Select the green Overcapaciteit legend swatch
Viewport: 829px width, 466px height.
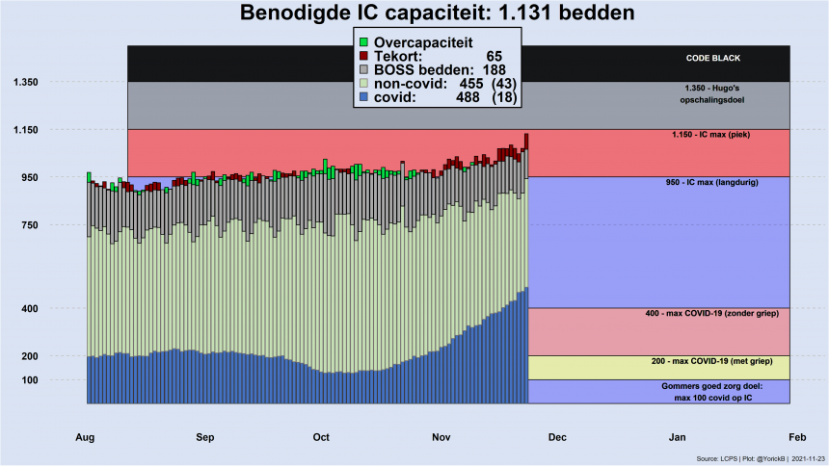tap(363, 42)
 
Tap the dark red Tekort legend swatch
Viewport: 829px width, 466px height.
tap(363, 56)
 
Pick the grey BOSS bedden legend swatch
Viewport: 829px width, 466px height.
tap(363, 69)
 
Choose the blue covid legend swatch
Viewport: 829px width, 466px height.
tap(363, 97)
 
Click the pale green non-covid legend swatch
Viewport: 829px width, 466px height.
tap(363, 84)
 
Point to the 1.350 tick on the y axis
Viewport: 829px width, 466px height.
tap(24, 83)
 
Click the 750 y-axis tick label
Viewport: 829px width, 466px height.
tap(24, 225)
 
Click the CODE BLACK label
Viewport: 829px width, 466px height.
tap(712, 58)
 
